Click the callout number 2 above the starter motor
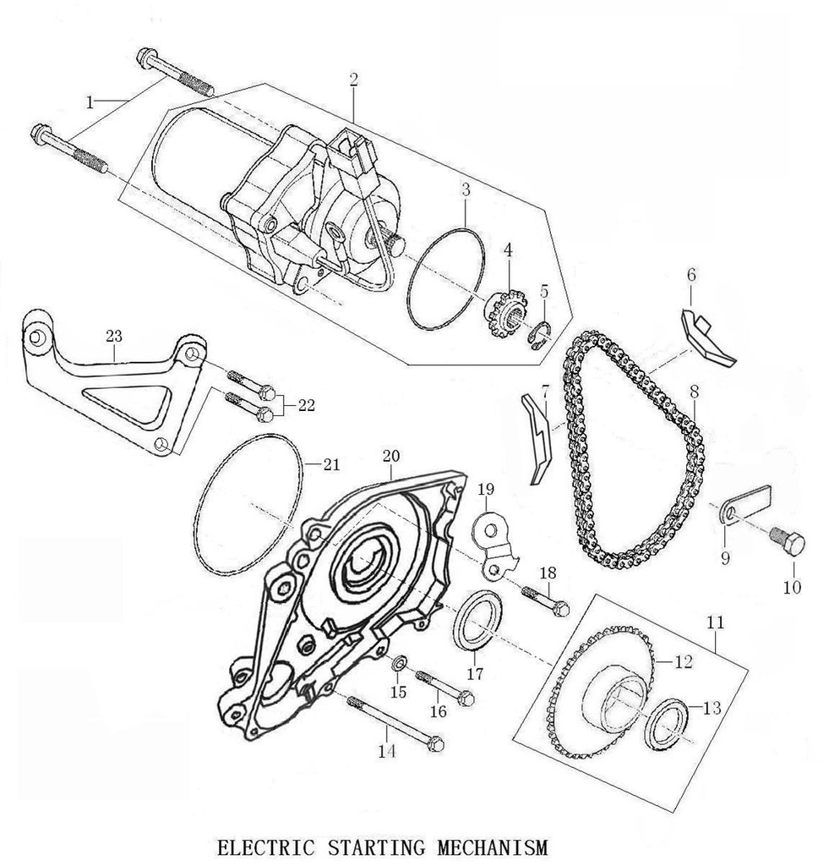[x=353, y=79]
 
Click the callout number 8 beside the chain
[x=694, y=392]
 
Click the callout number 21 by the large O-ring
[x=331, y=464]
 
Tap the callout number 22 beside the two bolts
[x=305, y=405]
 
